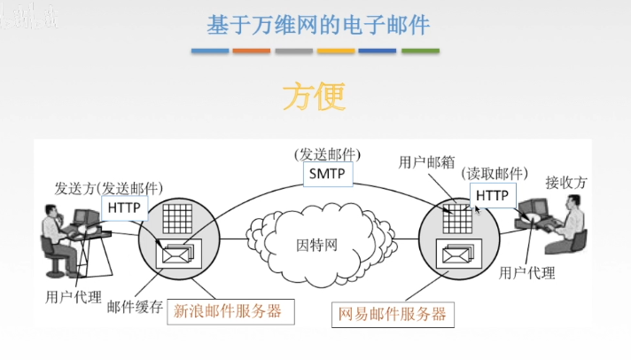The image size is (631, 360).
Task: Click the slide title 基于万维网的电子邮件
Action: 318,24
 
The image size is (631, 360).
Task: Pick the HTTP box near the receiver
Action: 492,194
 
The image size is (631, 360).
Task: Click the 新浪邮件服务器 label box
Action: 229,311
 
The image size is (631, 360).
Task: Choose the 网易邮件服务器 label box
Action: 391,314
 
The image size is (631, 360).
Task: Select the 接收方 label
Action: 565,183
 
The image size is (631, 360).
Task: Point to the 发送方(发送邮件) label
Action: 108,188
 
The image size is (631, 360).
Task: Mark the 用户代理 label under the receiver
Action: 526,272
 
